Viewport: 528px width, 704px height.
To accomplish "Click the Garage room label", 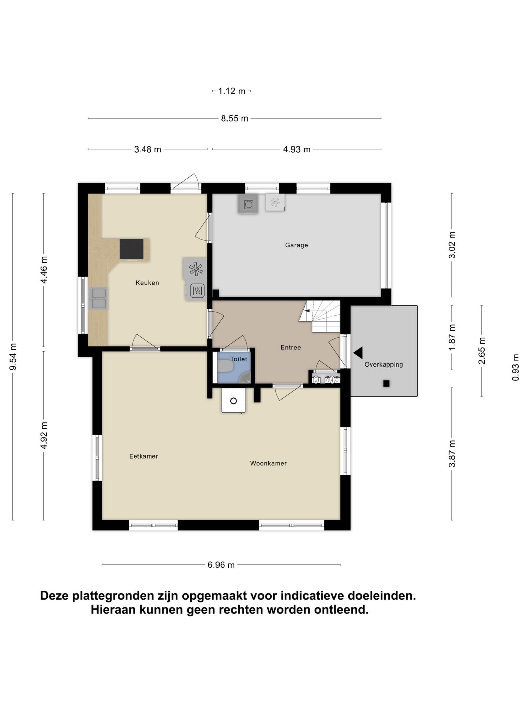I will [x=296, y=245].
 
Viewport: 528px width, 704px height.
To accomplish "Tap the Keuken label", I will [x=147, y=283].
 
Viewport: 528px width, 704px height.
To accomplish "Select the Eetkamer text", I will [x=143, y=456].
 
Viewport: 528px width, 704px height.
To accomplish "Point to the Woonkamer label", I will [x=268, y=463].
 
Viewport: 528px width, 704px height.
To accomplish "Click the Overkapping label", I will [x=383, y=364].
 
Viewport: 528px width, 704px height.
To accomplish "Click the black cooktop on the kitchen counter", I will [x=131, y=249].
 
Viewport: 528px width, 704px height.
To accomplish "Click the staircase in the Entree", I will [x=320, y=316].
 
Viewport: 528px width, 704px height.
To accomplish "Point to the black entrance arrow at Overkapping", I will [x=358, y=353].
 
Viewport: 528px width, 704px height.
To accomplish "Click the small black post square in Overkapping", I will [x=386, y=384].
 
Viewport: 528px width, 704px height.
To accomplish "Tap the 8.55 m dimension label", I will [x=234, y=118].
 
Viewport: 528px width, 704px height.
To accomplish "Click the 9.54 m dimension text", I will [x=13, y=357].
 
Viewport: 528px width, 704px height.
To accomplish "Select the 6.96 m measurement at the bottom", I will [x=221, y=565].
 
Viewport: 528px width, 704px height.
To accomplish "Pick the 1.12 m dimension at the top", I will [x=231, y=91].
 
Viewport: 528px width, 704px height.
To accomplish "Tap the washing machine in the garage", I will [x=248, y=204].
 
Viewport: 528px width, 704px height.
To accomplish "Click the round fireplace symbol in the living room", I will [x=233, y=401].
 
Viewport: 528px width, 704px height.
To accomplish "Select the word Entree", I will [x=290, y=348].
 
